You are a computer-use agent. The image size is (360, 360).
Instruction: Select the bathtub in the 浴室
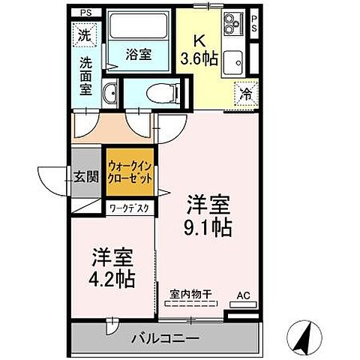[x=138, y=33]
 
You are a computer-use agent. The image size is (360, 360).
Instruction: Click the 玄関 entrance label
[x=86, y=178]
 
